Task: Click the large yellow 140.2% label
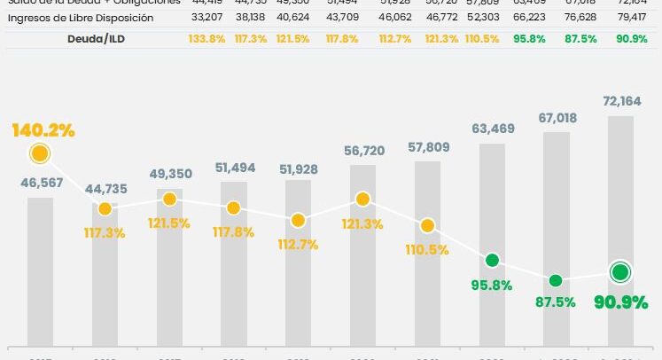pyautogui.click(x=43, y=130)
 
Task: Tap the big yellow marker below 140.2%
pyautogui.click(x=40, y=154)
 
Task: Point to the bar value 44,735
pyautogui.click(x=105, y=189)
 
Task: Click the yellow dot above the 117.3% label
pyautogui.click(x=105, y=209)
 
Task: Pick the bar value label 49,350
pyautogui.click(x=169, y=172)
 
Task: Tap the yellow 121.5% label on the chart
pyautogui.click(x=169, y=223)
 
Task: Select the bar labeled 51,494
pyautogui.click(x=234, y=266)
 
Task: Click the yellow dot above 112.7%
pyautogui.click(x=298, y=220)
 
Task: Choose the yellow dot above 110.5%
pyautogui.click(x=427, y=225)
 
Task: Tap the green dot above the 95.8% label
pyautogui.click(x=492, y=261)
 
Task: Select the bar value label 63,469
pyautogui.click(x=491, y=130)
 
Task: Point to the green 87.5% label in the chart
pyautogui.click(x=555, y=300)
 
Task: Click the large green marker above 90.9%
pyautogui.click(x=619, y=272)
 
